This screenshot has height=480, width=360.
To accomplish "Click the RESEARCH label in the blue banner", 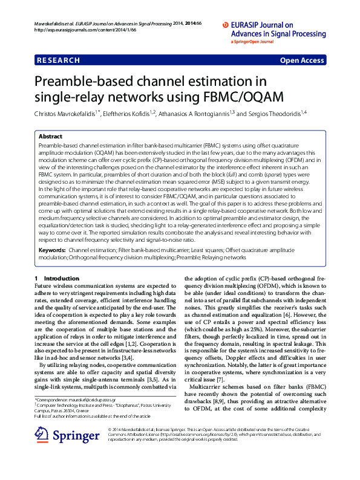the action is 59,60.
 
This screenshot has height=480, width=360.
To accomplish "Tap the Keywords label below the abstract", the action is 51,249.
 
